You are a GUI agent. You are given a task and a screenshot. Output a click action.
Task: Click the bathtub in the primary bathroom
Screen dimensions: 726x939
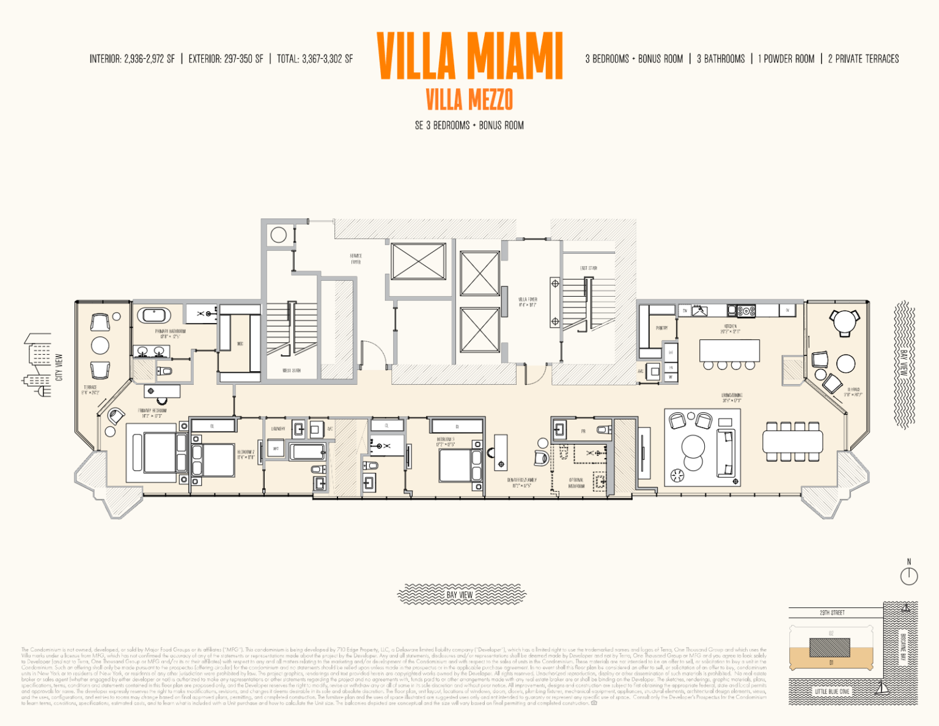point(153,316)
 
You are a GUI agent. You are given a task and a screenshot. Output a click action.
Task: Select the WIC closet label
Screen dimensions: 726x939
point(240,344)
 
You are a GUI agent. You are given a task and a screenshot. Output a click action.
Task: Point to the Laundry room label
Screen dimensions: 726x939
point(278,429)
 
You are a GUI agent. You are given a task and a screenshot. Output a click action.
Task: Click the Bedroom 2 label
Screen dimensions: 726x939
point(246,454)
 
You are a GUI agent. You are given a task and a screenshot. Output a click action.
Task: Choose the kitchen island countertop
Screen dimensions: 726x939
point(729,350)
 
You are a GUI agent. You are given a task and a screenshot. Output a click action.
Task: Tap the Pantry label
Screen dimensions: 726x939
point(661,328)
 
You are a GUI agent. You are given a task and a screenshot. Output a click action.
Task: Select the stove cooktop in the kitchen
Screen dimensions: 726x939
point(746,311)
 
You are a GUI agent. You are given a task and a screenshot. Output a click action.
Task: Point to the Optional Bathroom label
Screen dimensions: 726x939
point(576,483)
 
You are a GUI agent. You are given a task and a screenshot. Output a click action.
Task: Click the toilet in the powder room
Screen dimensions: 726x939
point(603,429)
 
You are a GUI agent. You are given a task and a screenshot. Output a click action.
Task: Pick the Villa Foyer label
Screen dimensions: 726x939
point(528,302)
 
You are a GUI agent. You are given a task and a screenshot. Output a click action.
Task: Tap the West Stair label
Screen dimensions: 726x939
point(291,371)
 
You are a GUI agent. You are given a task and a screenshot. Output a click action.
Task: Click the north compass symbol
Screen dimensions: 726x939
point(908,576)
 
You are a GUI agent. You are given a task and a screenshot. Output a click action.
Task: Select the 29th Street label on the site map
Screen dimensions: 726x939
point(832,612)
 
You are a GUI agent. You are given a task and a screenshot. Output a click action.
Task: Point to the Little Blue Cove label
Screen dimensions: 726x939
point(832,691)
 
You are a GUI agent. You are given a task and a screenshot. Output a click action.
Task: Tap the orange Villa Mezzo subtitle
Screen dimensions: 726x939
point(469,99)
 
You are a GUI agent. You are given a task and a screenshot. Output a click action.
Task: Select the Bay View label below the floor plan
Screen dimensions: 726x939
point(460,595)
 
